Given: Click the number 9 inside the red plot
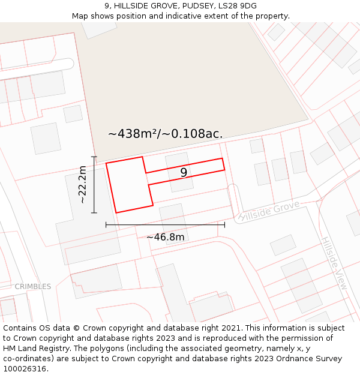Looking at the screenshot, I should [x=184, y=173].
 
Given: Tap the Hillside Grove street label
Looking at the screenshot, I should [x=268, y=212].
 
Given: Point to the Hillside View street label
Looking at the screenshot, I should [x=334, y=264].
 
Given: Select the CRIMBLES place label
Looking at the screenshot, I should [x=33, y=286].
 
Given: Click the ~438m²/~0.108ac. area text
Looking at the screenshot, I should [x=165, y=134].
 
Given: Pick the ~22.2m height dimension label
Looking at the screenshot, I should [x=83, y=185].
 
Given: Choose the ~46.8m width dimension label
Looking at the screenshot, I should [x=166, y=237].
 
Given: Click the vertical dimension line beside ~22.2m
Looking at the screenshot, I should [x=94, y=185].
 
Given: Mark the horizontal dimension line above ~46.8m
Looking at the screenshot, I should [x=165, y=225].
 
